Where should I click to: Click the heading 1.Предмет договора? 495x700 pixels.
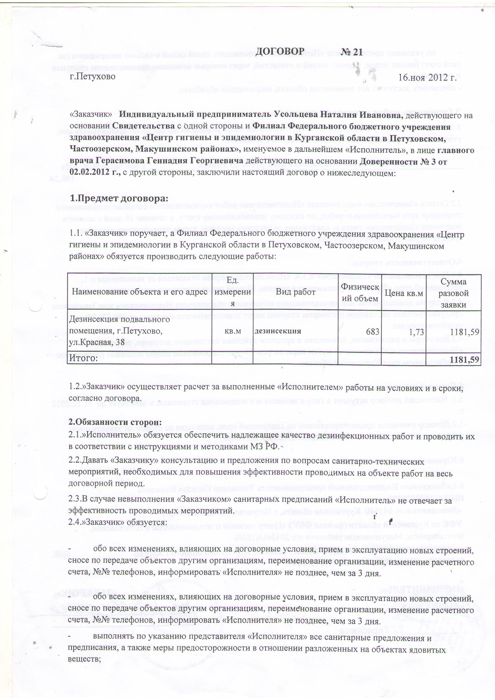pos(119,198)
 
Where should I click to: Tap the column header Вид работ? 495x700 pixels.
pos(295,292)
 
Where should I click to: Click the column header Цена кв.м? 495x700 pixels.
pos(404,293)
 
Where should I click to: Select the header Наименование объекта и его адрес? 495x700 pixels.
pos(140,292)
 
